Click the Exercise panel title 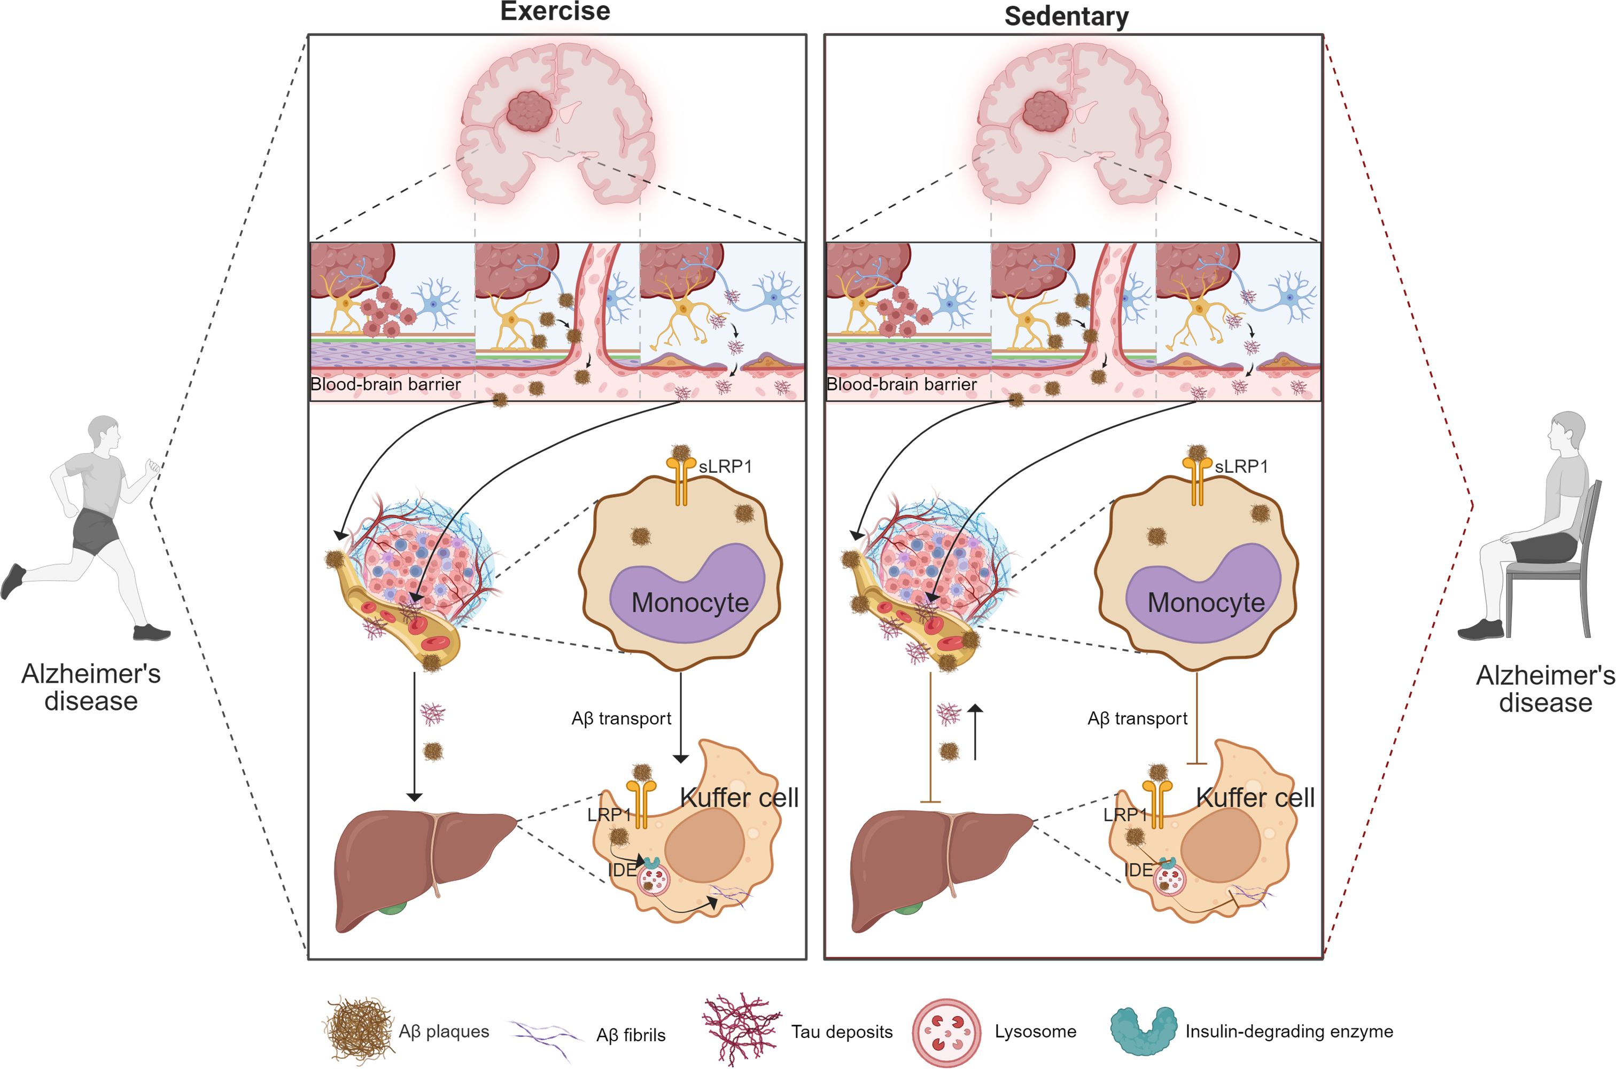(x=555, y=12)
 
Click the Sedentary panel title (x=1067, y=17)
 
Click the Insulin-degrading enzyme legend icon (x=1143, y=1031)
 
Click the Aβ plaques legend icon (x=359, y=1029)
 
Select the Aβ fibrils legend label (x=631, y=1035)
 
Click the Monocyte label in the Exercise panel (x=690, y=603)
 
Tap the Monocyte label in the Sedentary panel (x=1206, y=603)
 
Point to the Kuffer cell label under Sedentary (x=1255, y=798)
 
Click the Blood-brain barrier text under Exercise (x=386, y=385)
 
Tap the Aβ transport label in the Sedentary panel (x=1137, y=719)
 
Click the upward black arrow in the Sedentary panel (x=976, y=732)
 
